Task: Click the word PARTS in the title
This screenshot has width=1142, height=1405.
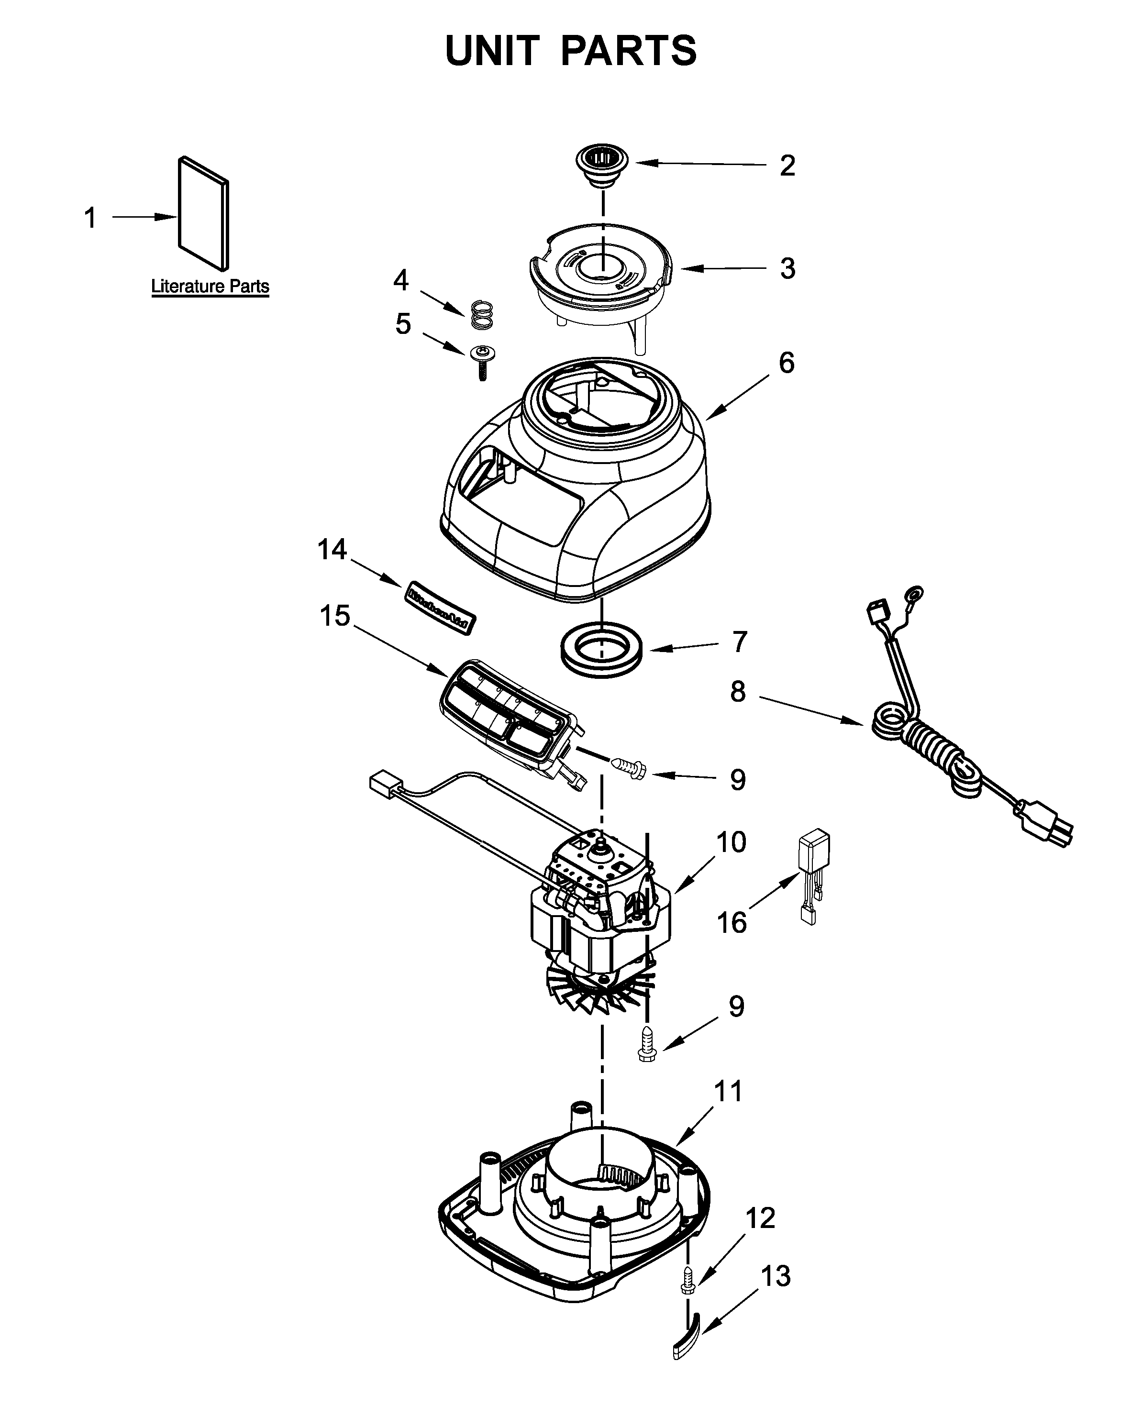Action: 628,51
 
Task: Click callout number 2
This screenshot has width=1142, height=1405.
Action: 787,165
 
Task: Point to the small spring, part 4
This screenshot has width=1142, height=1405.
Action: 482,315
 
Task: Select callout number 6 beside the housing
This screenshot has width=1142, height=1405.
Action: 787,363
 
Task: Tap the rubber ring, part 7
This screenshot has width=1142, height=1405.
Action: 602,649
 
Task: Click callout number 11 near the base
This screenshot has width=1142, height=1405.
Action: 728,1091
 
